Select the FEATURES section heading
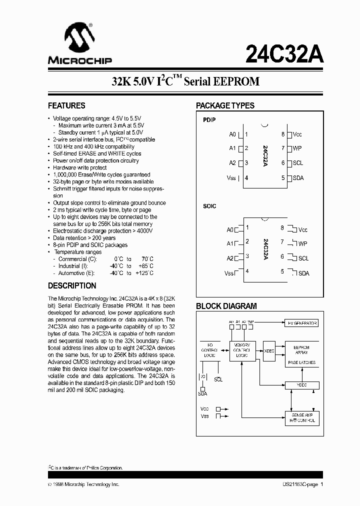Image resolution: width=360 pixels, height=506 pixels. tap(66, 106)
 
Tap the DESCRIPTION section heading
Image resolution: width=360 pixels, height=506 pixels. tap(72, 286)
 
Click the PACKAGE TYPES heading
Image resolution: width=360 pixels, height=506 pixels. tap(225, 106)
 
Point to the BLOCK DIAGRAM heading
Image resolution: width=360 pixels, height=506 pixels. tap(226, 306)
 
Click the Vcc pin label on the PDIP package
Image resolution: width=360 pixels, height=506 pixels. tap(297, 134)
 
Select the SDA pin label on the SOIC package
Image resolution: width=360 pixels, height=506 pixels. tap(303, 273)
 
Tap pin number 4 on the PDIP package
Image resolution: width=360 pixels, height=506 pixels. tap(246, 178)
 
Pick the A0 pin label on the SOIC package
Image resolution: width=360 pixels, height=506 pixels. tap(230, 230)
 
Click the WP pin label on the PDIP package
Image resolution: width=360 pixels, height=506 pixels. tap(297, 148)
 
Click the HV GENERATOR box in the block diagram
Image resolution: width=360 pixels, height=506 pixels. tap(300, 323)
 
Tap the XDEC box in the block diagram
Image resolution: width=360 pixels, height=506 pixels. tap(269, 351)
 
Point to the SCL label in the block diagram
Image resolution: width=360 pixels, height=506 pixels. tap(218, 379)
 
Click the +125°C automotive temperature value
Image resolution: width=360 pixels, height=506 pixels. tap(144, 273)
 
